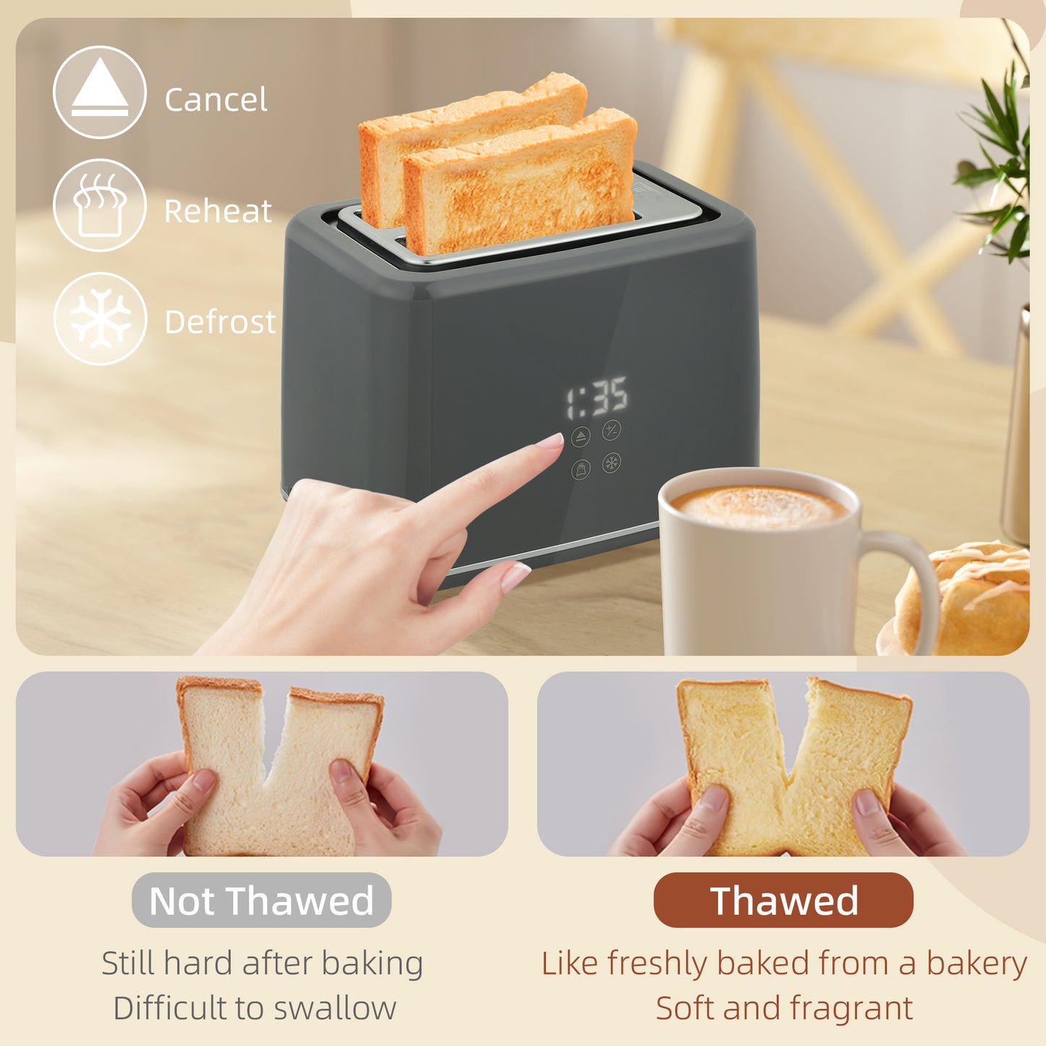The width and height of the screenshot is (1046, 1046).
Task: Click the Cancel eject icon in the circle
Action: pos(100,92)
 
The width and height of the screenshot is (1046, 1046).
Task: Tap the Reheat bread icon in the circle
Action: pos(100,205)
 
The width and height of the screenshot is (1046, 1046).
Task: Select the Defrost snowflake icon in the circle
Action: pos(100,319)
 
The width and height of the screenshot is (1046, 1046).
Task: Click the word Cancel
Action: pos(216,99)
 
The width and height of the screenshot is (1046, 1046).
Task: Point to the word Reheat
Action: pos(218,211)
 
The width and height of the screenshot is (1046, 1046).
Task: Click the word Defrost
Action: pos(220,322)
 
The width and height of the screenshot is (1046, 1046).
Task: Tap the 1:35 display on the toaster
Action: pos(597,397)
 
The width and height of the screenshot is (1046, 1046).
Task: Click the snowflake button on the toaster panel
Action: pos(612,463)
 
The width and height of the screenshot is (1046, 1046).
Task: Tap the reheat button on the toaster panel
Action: pos(581,469)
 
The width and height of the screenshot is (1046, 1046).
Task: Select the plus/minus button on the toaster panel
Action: pos(612,430)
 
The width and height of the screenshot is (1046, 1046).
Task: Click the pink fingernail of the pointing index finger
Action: pos(552,440)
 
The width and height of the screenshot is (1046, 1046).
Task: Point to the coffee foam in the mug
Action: pos(759,506)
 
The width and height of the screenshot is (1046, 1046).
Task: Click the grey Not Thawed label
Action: pos(261,901)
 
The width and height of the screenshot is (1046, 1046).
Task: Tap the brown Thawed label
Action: pos(783,901)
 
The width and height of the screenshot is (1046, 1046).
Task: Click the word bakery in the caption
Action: pos(977,963)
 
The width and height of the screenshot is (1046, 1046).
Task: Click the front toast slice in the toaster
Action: pos(521,188)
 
